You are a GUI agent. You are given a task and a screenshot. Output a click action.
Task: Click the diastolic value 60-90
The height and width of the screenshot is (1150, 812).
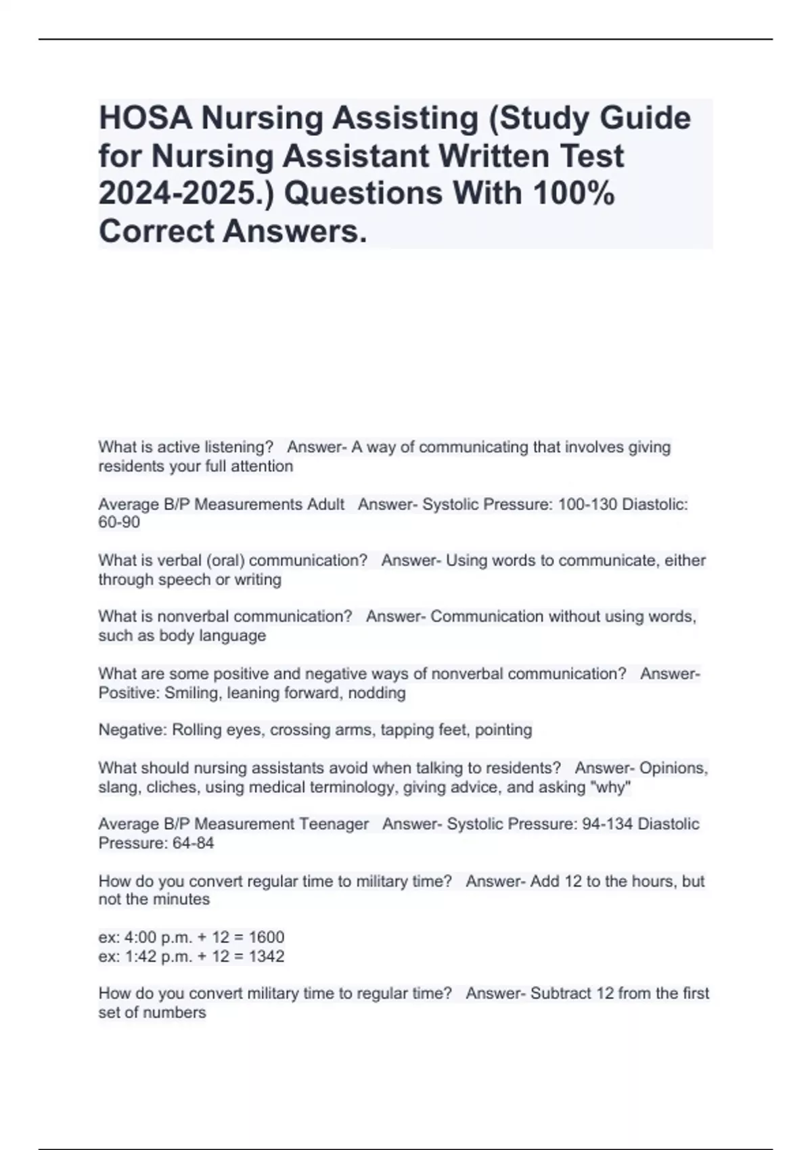click(x=119, y=523)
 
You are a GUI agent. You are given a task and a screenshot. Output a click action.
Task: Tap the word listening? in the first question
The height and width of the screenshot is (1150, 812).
click(x=239, y=447)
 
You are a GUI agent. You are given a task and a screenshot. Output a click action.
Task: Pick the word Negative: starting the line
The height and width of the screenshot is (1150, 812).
click(x=133, y=730)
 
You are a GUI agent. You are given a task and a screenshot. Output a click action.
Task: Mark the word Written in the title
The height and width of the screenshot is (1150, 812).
click(x=492, y=156)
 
